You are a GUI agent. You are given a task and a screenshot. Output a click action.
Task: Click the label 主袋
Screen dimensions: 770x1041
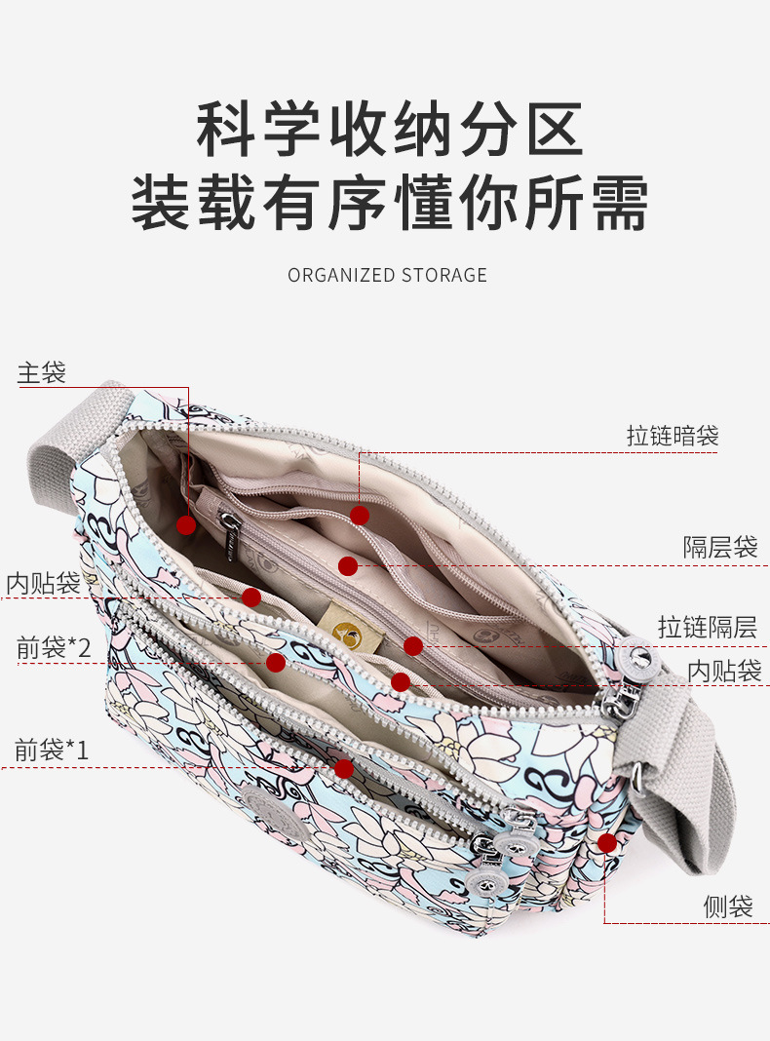[42, 372]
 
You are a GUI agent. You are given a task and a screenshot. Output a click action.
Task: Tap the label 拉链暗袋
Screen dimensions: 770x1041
[672, 436]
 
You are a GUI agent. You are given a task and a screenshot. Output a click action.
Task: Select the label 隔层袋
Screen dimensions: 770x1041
[719, 547]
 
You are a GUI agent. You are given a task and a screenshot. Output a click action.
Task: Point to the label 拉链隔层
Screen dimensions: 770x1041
[707, 627]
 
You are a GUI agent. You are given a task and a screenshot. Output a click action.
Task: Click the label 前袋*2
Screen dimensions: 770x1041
[54, 647]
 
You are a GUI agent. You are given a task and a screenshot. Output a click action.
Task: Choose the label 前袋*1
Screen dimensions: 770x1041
[52, 750]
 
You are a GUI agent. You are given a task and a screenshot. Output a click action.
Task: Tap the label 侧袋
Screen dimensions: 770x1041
[728, 906]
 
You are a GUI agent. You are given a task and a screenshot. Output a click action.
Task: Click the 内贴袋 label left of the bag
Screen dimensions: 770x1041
[43, 583]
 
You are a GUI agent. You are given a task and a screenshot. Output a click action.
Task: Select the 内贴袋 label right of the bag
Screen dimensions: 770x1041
[723, 671]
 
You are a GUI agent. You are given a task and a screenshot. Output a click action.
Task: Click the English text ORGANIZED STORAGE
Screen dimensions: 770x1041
[387, 275]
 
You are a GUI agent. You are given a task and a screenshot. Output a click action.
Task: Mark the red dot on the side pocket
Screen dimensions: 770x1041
[607, 842]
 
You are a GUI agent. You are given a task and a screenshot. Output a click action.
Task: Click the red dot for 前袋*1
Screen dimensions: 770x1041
[343, 768]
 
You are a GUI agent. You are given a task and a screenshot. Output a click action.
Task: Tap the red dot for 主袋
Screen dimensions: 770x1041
[186, 524]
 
